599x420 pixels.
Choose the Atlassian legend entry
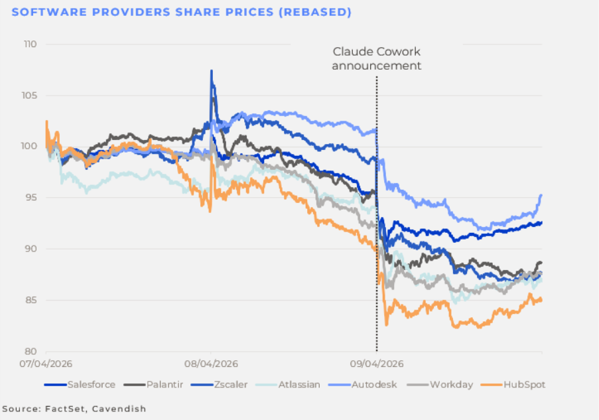tap(297, 384)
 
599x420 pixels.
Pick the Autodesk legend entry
tap(372, 384)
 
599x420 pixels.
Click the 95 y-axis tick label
tap(29, 198)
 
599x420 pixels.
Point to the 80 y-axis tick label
tap(29, 352)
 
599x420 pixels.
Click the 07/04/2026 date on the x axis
tap(46, 364)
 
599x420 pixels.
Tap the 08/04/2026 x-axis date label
tap(212, 364)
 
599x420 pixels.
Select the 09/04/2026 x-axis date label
tap(377, 364)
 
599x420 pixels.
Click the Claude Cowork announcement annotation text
tap(377, 58)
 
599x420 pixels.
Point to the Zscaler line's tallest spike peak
tap(212, 71)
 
